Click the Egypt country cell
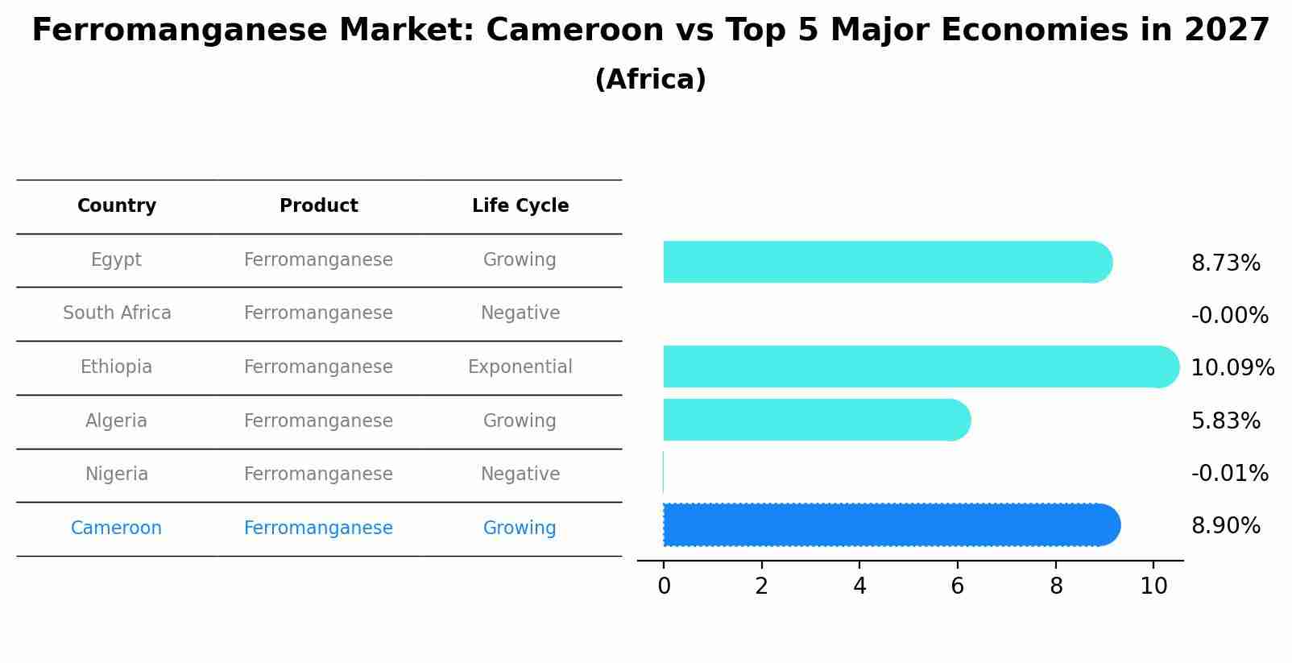click(x=116, y=260)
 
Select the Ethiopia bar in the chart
click(x=918, y=367)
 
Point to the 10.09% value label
click(x=1232, y=368)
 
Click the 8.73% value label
click(x=1225, y=263)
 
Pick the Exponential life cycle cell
click(x=520, y=367)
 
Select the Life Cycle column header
click(x=520, y=206)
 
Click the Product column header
click(x=318, y=206)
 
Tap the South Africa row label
click(x=117, y=313)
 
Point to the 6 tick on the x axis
click(x=957, y=586)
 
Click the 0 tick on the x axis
click(x=664, y=586)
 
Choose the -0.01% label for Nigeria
click(x=1229, y=474)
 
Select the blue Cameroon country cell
click(x=116, y=528)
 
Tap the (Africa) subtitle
click(x=650, y=80)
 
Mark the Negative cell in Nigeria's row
click(x=520, y=474)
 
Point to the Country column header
click(x=116, y=206)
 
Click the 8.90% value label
click(x=1225, y=526)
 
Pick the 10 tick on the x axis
click(x=1153, y=586)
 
